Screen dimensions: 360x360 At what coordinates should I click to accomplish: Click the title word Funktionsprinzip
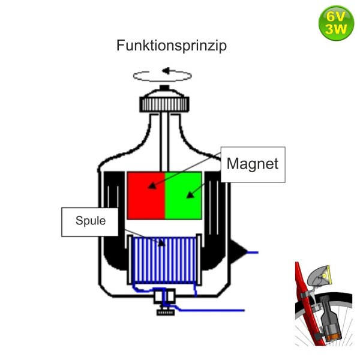pyautogui.click(x=171, y=47)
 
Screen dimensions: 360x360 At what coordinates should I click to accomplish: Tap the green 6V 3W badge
pyautogui.click(x=337, y=23)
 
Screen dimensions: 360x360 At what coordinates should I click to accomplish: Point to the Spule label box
pyautogui.click(x=91, y=220)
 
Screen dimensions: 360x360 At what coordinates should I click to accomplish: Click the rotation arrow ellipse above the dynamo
pyautogui.click(x=163, y=75)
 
